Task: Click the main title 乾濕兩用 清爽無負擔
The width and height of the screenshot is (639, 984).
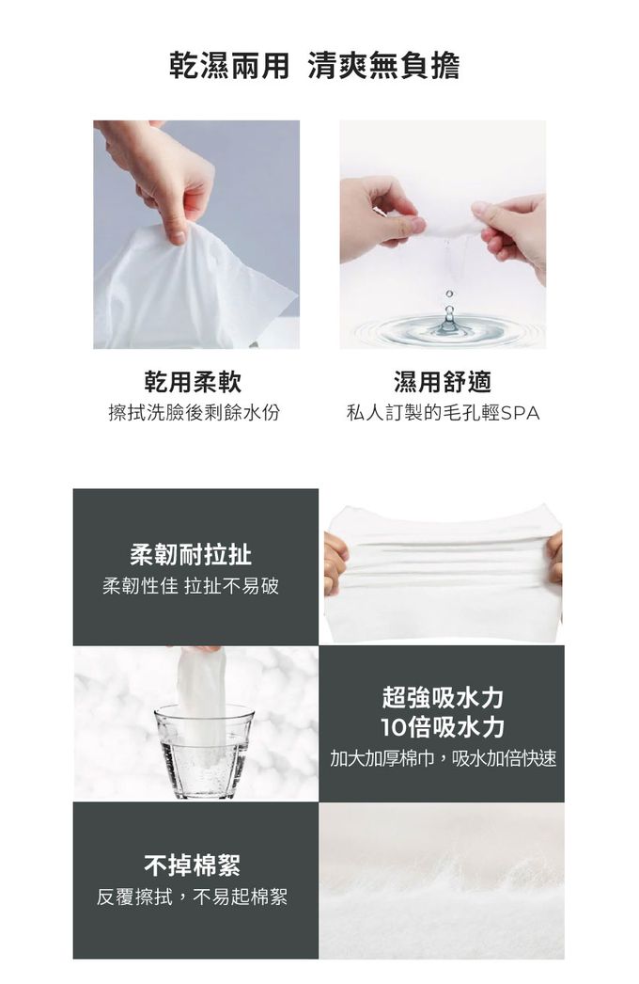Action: click(x=314, y=67)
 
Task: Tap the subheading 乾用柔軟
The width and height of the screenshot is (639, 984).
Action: click(x=193, y=381)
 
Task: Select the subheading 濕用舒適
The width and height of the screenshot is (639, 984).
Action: click(x=443, y=381)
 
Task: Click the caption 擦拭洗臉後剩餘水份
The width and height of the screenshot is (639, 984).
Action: click(x=195, y=413)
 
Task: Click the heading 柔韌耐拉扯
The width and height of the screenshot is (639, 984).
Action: click(x=191, y=555)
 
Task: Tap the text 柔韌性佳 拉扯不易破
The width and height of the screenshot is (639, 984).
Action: click(x=191, y=587)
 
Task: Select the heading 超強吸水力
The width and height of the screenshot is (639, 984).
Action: click(x=443, y=697)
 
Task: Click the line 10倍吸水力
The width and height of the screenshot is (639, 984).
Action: click(x=443, y=727)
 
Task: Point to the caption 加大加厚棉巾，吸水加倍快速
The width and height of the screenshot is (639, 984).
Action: click(x=443, y=758)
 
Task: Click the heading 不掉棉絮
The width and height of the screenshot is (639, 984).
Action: click(x=192, y=863)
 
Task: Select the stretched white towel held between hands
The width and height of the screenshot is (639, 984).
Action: click(x=442, y=564)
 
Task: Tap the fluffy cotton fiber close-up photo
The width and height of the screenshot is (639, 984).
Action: click(x=442, y=880)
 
